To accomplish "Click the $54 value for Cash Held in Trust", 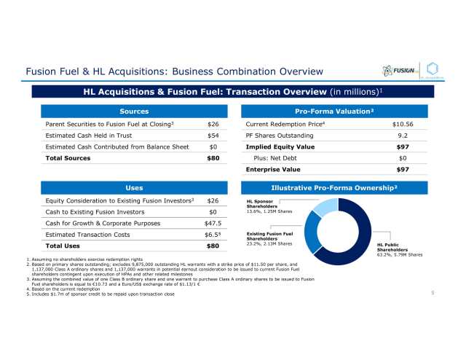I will click(213, 136).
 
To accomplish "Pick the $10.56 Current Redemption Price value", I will click(402, 125).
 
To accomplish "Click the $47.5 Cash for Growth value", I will click(211, 224).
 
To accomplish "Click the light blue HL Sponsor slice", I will click(325, 207).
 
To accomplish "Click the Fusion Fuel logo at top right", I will click(399, 71).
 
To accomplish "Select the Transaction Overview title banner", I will click(233, 91).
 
